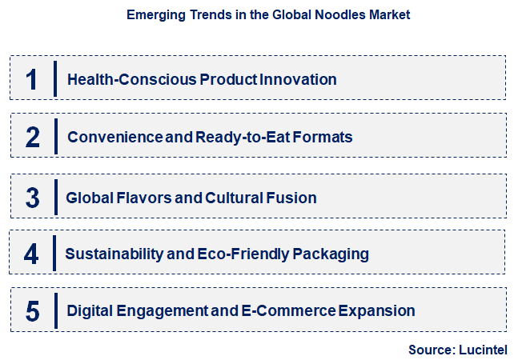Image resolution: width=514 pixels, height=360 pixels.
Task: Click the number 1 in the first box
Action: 32,79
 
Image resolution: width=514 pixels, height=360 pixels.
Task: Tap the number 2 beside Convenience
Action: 32,138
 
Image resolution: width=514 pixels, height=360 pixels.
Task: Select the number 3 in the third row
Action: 32,198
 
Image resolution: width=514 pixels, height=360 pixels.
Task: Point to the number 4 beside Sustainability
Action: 31,254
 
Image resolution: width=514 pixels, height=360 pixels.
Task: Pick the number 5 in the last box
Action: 32,311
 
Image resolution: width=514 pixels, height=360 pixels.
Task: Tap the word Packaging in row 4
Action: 332,254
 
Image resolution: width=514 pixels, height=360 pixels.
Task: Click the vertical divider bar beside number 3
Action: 54,196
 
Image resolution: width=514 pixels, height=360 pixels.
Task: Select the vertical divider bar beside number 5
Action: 54,310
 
